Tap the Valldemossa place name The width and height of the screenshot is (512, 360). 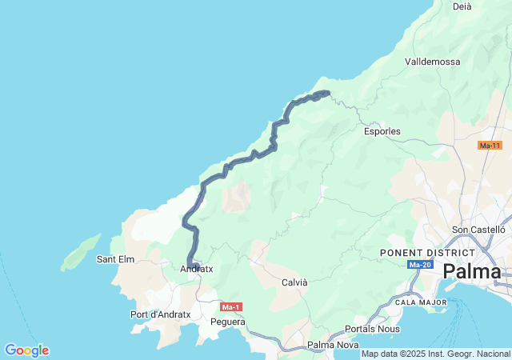click(x=433, y=62)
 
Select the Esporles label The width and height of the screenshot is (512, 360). click(x=382, y=131)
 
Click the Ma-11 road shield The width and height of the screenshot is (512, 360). click(x=490, y=146)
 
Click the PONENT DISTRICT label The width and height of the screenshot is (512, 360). click(x=421, y=253)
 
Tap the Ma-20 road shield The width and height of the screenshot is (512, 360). click(x=419, y=265)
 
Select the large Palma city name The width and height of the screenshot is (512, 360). click(x=472, y=272)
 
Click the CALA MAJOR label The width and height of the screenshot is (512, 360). click(x=421, y=302)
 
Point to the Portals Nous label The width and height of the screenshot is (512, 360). click(x=373, y=330)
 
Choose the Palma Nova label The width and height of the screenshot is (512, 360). click(x=333, y=345)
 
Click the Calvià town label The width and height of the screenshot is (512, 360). click(x=294, y=282)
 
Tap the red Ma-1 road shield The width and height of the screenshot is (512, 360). click(x=230, y=307)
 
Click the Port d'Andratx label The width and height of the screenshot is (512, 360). click(x=160, y=314)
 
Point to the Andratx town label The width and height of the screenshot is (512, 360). click(x=196, y=270)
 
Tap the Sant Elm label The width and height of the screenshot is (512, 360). click(x=115, y=259)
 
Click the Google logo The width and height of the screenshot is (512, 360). click(x=26, y=350)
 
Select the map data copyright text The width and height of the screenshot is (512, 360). click(x=434, y=354)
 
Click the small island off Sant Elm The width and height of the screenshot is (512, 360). click(x=80, y=251)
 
